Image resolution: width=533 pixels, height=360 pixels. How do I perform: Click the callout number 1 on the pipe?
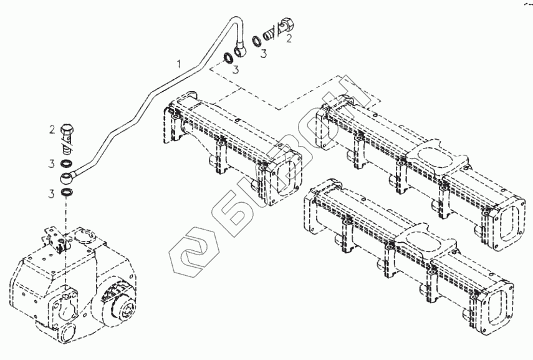180,63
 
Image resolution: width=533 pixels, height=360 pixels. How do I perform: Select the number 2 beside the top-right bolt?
288,38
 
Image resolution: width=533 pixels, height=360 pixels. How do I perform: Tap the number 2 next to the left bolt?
53,129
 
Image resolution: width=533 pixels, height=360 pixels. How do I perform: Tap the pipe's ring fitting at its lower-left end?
68,177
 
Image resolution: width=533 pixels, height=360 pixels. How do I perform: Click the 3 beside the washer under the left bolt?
53,164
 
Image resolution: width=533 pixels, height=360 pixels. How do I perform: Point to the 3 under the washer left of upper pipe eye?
236,71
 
